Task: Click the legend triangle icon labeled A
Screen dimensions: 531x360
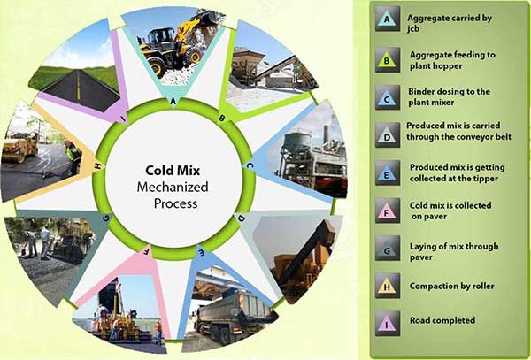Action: coord(388,19)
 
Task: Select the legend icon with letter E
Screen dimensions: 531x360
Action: coord(388,172)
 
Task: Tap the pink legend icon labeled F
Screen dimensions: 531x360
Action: coord(388,211)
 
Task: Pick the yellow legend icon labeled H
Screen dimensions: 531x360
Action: coord(388,286)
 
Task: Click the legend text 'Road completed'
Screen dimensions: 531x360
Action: coord(442,320)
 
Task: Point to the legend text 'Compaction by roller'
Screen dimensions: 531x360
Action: coord(451,286)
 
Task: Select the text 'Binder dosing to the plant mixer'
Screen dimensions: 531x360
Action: coord(449,96)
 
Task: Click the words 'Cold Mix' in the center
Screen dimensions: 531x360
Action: coord(173,170)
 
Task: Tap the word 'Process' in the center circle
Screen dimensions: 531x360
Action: coord(175,203)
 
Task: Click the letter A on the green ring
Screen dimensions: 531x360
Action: coord(173,101)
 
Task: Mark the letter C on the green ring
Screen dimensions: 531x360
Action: coord(250,165)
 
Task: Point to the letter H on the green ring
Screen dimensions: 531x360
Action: coord(98,165)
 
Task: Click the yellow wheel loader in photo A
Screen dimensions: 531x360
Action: coord(176,46)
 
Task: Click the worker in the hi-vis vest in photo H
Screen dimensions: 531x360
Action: coord(73,157)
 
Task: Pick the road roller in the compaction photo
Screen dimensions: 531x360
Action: coord(20,147)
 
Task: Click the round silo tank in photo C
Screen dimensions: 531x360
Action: coord(296,142)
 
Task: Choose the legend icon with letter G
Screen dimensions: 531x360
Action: coord(388,248)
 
